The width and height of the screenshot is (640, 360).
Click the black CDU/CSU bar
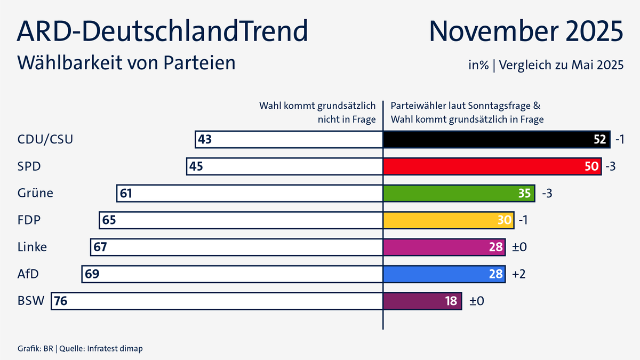point(496,140)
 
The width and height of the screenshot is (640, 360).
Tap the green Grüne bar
point(459,193)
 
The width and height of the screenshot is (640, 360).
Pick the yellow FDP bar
point(448,220)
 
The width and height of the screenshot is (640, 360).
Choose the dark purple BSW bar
point(422,301)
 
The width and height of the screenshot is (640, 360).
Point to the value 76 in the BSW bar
point(61,301)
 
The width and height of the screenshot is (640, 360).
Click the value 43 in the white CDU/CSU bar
point(205,140)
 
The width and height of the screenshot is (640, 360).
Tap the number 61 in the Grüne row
point(126,193)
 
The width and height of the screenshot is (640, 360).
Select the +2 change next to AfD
point(518,274)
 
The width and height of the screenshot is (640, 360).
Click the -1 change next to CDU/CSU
point(619,140)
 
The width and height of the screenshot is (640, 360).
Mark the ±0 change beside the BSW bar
point(476,301)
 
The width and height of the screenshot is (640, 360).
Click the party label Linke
point(32,247)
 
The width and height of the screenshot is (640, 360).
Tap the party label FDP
point(29,220)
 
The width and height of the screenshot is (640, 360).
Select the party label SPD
point(29,166)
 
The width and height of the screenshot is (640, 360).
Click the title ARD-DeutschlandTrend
point(163,31)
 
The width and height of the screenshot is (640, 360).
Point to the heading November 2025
point(526,31)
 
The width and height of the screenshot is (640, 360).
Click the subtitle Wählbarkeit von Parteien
point(126,62)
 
